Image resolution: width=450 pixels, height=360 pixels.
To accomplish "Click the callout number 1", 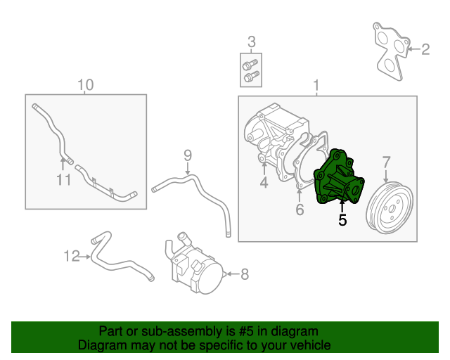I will [316, 86].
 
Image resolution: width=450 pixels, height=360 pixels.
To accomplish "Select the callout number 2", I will [425, 49].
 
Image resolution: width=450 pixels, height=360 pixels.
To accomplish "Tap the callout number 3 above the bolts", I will [251, 42].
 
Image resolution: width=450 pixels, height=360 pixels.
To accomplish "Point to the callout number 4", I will [264, 184].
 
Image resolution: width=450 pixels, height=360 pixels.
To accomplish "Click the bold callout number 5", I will [342, 220].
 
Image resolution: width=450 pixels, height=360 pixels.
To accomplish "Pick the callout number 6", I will [299, 210].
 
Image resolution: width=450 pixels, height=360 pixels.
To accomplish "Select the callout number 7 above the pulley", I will [386, 162].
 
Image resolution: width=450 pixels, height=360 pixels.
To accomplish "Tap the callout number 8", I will [245, 274].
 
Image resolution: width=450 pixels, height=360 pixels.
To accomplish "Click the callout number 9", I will [188, 155].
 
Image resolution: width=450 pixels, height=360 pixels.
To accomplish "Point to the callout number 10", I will [85, 86].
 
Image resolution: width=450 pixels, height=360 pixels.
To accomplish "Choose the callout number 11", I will [64, 181].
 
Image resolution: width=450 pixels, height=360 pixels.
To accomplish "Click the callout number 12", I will [72, 257].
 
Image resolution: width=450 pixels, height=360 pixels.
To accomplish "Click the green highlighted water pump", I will [340, 180].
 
